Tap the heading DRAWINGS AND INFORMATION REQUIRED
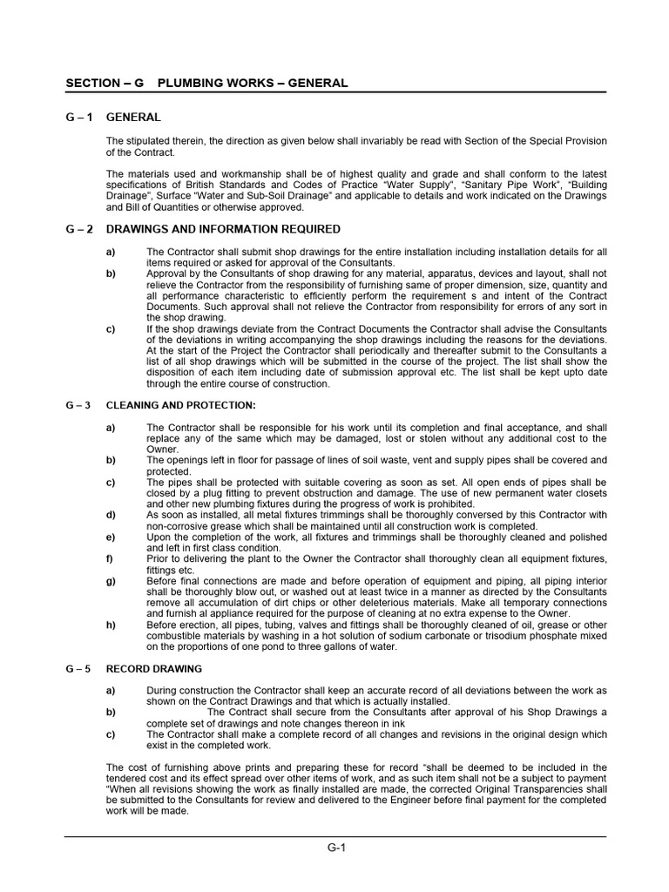(x=223, y=229)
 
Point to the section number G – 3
(x=79, y=405)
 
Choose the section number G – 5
(x=79, y=669)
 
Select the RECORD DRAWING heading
(x=153, y=669)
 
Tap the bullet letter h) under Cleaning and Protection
(x=111, y=625)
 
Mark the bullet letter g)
(x=111, y=581)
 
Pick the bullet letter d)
(x=111, y=515)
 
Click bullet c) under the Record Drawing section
(x=111, y=734)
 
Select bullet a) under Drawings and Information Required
(x=111, y=252)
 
